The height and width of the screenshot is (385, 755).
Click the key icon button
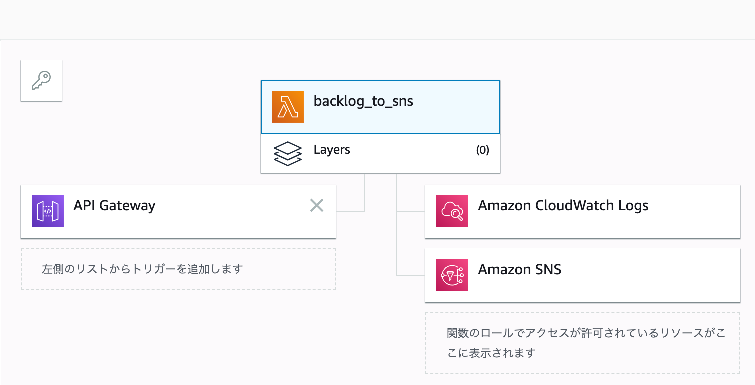click(x=41, y=80)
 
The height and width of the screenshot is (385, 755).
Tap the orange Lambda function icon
click(x=288, y=107)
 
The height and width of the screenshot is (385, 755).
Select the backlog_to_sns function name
click(x=363, y=101)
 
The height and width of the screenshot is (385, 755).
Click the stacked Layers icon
click(x=288, y=154)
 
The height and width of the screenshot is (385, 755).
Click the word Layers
click(x=332, y=150)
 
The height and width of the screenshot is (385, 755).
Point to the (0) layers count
click(x=483, y=150)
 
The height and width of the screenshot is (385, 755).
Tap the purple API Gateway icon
click(x=48, y=211)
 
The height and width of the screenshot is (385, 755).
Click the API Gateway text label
click(x=115, y=206)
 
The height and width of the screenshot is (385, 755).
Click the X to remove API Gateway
click(x=317, y=205)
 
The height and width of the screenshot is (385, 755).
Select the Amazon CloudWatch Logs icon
click(x=452, y=211)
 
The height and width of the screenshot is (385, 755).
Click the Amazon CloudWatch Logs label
click(x=563, y=206)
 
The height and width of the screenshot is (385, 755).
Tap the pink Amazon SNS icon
click(x=452, y=275)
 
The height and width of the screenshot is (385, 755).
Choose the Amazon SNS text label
click(x=520, y=270)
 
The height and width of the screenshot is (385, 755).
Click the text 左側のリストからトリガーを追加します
click(x=142, y=269)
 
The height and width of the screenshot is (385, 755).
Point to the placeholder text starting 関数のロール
click(x=586, y=343)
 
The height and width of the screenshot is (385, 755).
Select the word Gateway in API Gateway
click(x=127, y=206)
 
